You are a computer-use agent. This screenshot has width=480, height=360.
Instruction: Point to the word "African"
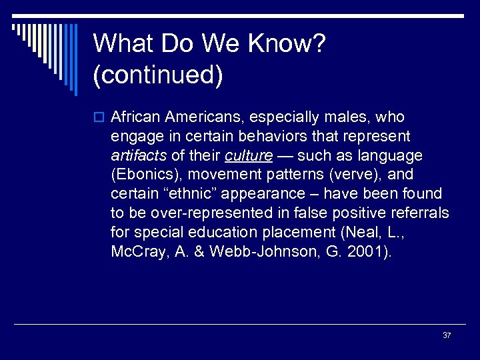[x=136, y=117]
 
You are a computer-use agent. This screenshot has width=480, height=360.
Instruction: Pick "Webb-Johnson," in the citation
[x=267, y=252]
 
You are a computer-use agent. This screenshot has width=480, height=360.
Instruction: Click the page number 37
[x=446, y=335]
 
